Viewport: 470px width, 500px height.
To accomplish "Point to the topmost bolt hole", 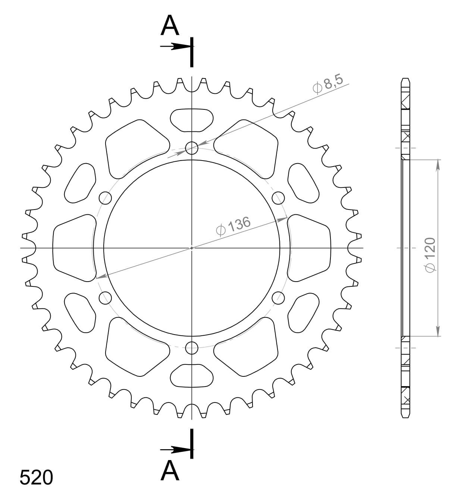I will [192, 148].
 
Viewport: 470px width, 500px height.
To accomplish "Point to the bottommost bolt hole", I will [192, 348].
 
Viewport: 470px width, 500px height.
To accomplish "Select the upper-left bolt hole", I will [105, 198].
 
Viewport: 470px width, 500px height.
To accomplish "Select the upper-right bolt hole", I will [278, 198].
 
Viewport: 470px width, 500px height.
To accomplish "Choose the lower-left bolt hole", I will [105, 298].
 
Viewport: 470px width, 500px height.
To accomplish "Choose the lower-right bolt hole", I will [278, 298].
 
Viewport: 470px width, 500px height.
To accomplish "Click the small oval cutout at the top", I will [192, 120].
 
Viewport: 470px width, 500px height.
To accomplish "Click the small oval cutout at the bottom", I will [192, 376].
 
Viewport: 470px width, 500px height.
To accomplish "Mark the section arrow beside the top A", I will [175, 46].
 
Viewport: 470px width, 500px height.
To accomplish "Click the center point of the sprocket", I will [192, 248].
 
